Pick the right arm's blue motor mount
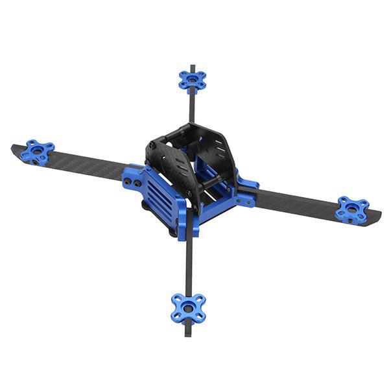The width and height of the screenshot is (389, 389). (x=352, y=209)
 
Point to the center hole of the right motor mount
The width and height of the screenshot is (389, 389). (x=352, y=209)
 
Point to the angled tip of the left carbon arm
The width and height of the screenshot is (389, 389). (x=14, y=151)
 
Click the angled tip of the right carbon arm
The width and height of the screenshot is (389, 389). (x=377, y=219)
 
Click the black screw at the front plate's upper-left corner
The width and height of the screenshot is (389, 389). (x=150, y=166)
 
